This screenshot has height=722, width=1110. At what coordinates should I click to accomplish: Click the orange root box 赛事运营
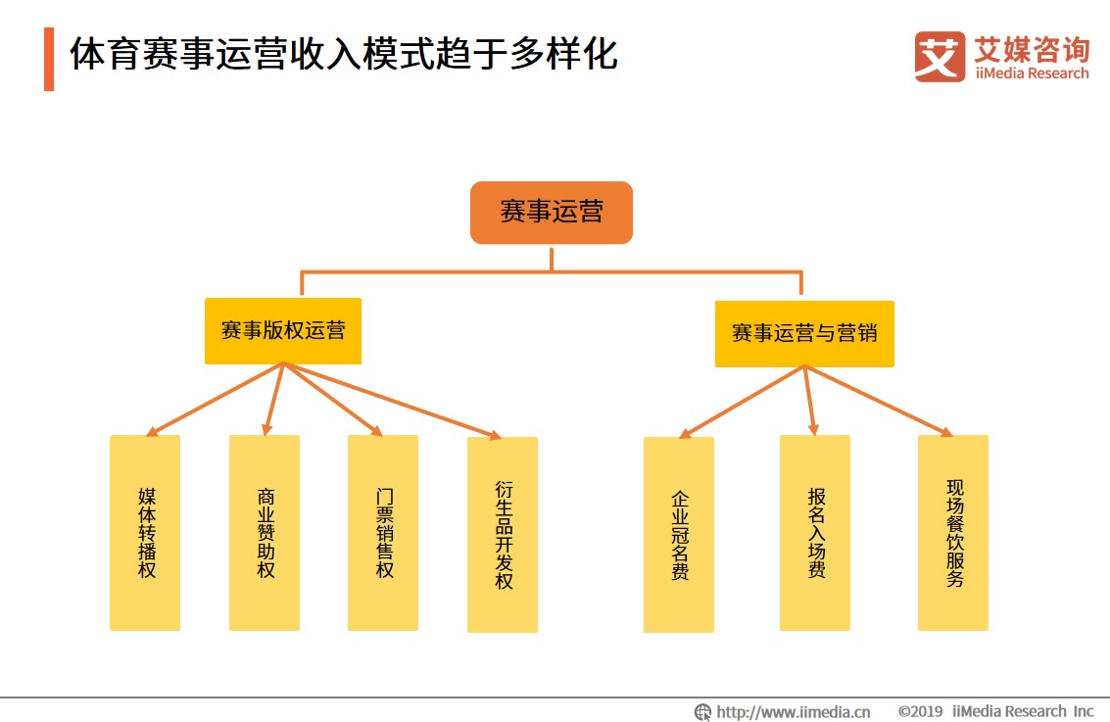pyautogui.click(x=552, y=213)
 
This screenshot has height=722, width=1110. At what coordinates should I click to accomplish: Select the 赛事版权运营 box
pyautogui.click(x=283, y=331)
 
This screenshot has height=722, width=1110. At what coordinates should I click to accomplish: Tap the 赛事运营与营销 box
pyautogui.click(x=804, y=333)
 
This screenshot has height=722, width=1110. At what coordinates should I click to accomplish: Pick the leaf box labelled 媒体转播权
pyautogui.click(x=145, y=532)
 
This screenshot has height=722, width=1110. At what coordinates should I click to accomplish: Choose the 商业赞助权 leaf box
pyautogui.click(x=265, y=532)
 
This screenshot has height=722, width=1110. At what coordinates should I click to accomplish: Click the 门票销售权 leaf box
pyautogui.click(x=383, y=532)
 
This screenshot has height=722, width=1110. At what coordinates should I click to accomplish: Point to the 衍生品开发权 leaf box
pyautogui.click(x=503, y=535)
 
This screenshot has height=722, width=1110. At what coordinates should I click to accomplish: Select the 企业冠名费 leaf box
pyautogui.click(x=678, y=535)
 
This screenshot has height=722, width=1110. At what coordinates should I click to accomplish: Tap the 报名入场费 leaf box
pyautogui.click(x=815, y=532)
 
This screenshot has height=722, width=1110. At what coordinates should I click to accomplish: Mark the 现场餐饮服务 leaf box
pyautogui.click(x=953, y=532)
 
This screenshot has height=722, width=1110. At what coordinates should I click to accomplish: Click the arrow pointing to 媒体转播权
pyautogui.click(x=215, y=400)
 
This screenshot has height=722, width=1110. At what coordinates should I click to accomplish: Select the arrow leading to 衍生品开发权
pyautogui.click(x=393, y=402)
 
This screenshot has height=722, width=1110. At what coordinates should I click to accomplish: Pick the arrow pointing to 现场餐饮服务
pyautogui.click(x=879, y=401)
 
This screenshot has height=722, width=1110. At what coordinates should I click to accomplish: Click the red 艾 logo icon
pyautogui.click(x=940, y=57)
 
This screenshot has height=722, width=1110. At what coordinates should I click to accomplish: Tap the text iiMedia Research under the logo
pyautogui.click(x=1032, y=72)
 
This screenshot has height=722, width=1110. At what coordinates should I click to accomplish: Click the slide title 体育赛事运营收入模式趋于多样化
pyautogui.click(x=344, y=54)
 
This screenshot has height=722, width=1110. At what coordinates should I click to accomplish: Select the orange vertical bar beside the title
pyautogui.click(x=49, y=59)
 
